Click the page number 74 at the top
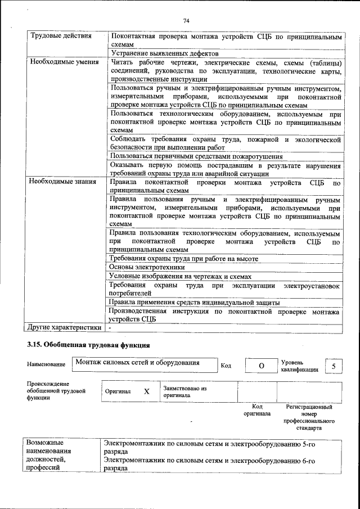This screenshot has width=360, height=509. (186, 21)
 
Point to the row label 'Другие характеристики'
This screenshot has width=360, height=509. (65, 327)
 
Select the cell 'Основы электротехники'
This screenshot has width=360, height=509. (146, 267)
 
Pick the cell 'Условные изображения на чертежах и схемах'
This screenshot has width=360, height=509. (180, 276)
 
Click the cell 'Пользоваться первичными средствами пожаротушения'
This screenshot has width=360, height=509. (196, 156)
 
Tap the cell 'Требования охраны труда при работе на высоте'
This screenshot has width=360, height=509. (183, 258)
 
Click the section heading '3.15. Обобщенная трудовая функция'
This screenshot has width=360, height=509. (88, 344)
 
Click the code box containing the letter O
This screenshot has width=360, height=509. (260, 366)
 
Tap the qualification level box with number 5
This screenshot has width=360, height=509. (334, 366)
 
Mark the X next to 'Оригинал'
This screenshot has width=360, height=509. (146, 391)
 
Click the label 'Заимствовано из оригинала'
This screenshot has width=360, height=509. (185, 391)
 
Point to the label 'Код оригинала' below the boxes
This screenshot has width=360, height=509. (257, 409)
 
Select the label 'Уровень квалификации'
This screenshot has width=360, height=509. (300, 366)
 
